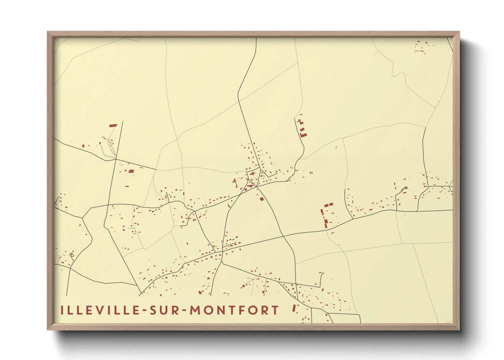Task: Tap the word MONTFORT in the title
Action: [x=234, y=310]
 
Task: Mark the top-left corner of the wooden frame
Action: [x=48, y=32]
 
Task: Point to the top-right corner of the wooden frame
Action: [x=459, y=32]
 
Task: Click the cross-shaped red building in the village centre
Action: [x=252, y=174]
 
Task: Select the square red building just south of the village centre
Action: [x=262, y=199]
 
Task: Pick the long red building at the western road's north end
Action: [x=113, y=126]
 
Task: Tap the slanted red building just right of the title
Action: [x=294, y=308]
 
